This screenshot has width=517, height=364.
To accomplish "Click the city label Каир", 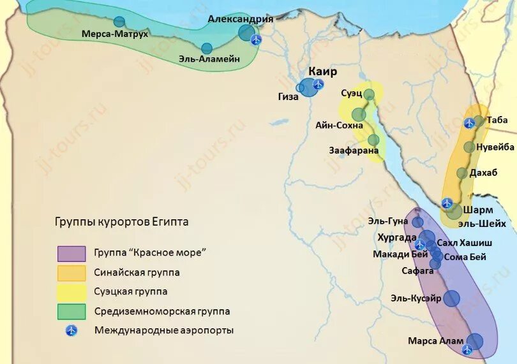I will pos(322,71).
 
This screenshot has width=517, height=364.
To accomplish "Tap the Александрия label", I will pos(241,19).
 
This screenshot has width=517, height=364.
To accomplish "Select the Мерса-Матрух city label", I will pos(115,34).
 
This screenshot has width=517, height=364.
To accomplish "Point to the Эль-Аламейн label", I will pos(209,59).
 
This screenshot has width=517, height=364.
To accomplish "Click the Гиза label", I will pos(288,97).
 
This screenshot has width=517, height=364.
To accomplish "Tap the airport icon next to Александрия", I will pos(256,40).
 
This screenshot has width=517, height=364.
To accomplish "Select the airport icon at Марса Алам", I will pos(467,349).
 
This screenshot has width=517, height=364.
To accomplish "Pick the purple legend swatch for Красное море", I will pos(71,253).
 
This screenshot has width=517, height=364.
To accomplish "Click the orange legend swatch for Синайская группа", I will pos(71,273).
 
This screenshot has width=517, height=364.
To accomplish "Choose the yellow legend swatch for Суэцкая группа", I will pos(71,292).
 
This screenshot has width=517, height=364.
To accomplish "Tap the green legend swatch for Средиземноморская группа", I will pos(71,312).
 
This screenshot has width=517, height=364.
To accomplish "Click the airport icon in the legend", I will pos(71,331).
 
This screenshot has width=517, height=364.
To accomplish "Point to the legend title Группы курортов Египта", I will pos(121,222).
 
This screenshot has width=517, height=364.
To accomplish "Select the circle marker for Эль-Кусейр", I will pos(451,298).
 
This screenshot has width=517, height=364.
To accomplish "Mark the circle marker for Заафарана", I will pos(373,140).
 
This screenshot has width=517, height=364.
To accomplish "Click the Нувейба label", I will pos(495,147).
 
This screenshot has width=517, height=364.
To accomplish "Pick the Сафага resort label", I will pos(417,270).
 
